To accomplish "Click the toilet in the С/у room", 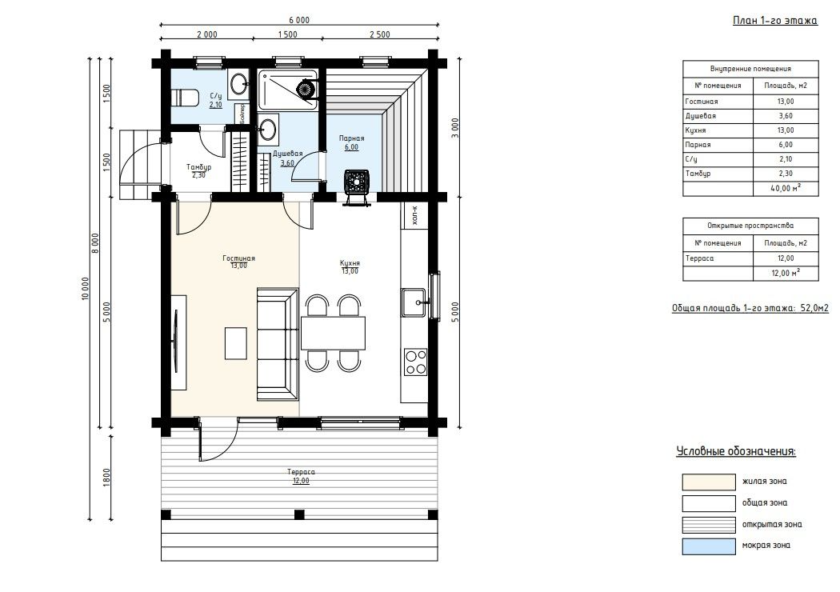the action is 185,98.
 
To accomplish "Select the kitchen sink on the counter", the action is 414,302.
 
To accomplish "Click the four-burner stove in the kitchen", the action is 415,362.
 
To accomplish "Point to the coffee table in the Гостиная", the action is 236,343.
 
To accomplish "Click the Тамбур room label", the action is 198,167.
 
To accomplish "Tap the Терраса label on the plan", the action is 301,472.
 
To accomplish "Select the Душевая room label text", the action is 288,154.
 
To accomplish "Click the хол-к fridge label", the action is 414,215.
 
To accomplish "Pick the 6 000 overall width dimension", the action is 299,20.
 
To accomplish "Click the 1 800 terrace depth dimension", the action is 106,477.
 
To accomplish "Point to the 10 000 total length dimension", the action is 85,288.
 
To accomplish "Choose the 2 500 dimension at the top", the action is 380,34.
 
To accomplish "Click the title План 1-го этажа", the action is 774,21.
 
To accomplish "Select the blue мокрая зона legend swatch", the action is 709,546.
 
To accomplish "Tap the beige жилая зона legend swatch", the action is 709,482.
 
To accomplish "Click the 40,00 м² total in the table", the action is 786,188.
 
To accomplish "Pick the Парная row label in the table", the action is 698,145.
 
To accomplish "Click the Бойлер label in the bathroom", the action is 242,113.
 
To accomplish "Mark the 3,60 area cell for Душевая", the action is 786,116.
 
